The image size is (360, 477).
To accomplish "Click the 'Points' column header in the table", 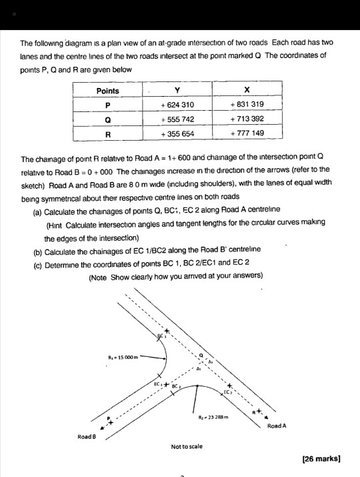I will (x=107, y=90).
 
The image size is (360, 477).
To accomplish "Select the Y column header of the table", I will (x=175, y=90).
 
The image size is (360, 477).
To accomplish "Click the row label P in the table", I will (x=107, y=104).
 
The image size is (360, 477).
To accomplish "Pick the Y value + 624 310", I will (x=176, y=104).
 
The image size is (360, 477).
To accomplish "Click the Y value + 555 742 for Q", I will (x=176, y=119).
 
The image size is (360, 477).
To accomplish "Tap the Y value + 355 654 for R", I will (x=176, y=133).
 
